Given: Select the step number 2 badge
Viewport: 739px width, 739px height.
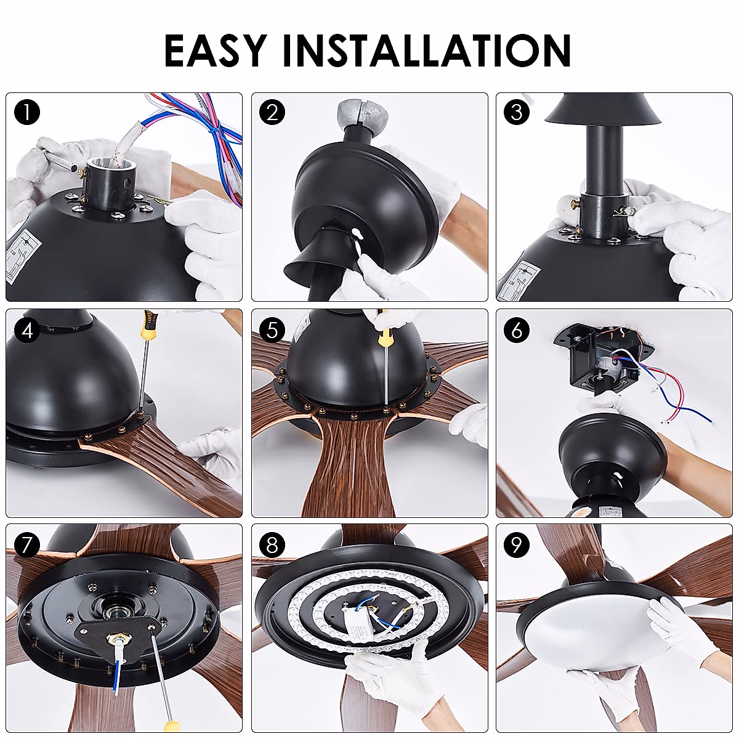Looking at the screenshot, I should pos(272,113).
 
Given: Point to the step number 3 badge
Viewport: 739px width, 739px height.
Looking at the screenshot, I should pos(517,113).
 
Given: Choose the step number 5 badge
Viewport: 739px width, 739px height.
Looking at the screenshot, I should pos(272,329).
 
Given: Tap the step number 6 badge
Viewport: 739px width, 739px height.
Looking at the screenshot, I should pos(517,329).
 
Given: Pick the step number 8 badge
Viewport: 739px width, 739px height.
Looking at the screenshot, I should pos(272,545).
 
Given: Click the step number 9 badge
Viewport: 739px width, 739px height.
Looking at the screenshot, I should pos(517,545).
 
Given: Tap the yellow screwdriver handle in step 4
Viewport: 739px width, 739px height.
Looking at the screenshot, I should pos(150,323).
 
